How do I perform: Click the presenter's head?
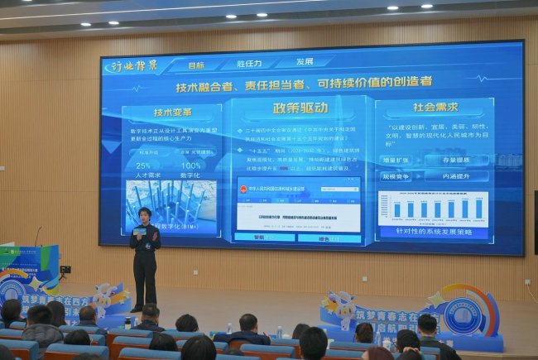point(145,214)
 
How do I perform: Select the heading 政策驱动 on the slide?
point(300,108)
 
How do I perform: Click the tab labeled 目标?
point(196,64)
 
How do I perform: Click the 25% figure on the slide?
point(142,165)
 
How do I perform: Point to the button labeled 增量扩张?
point(400,161)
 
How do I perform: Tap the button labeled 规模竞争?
point(400,176)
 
